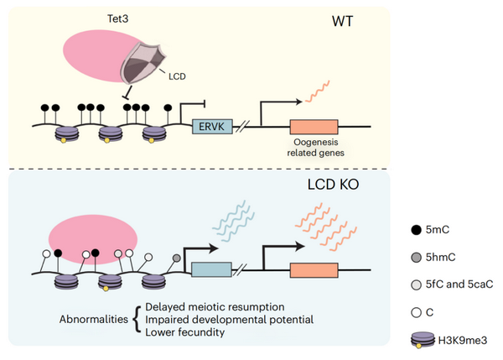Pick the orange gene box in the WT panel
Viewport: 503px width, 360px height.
click(314, 127)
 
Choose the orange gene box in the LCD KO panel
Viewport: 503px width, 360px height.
click(314, 270)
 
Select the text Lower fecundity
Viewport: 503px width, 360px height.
click(183, 333)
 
